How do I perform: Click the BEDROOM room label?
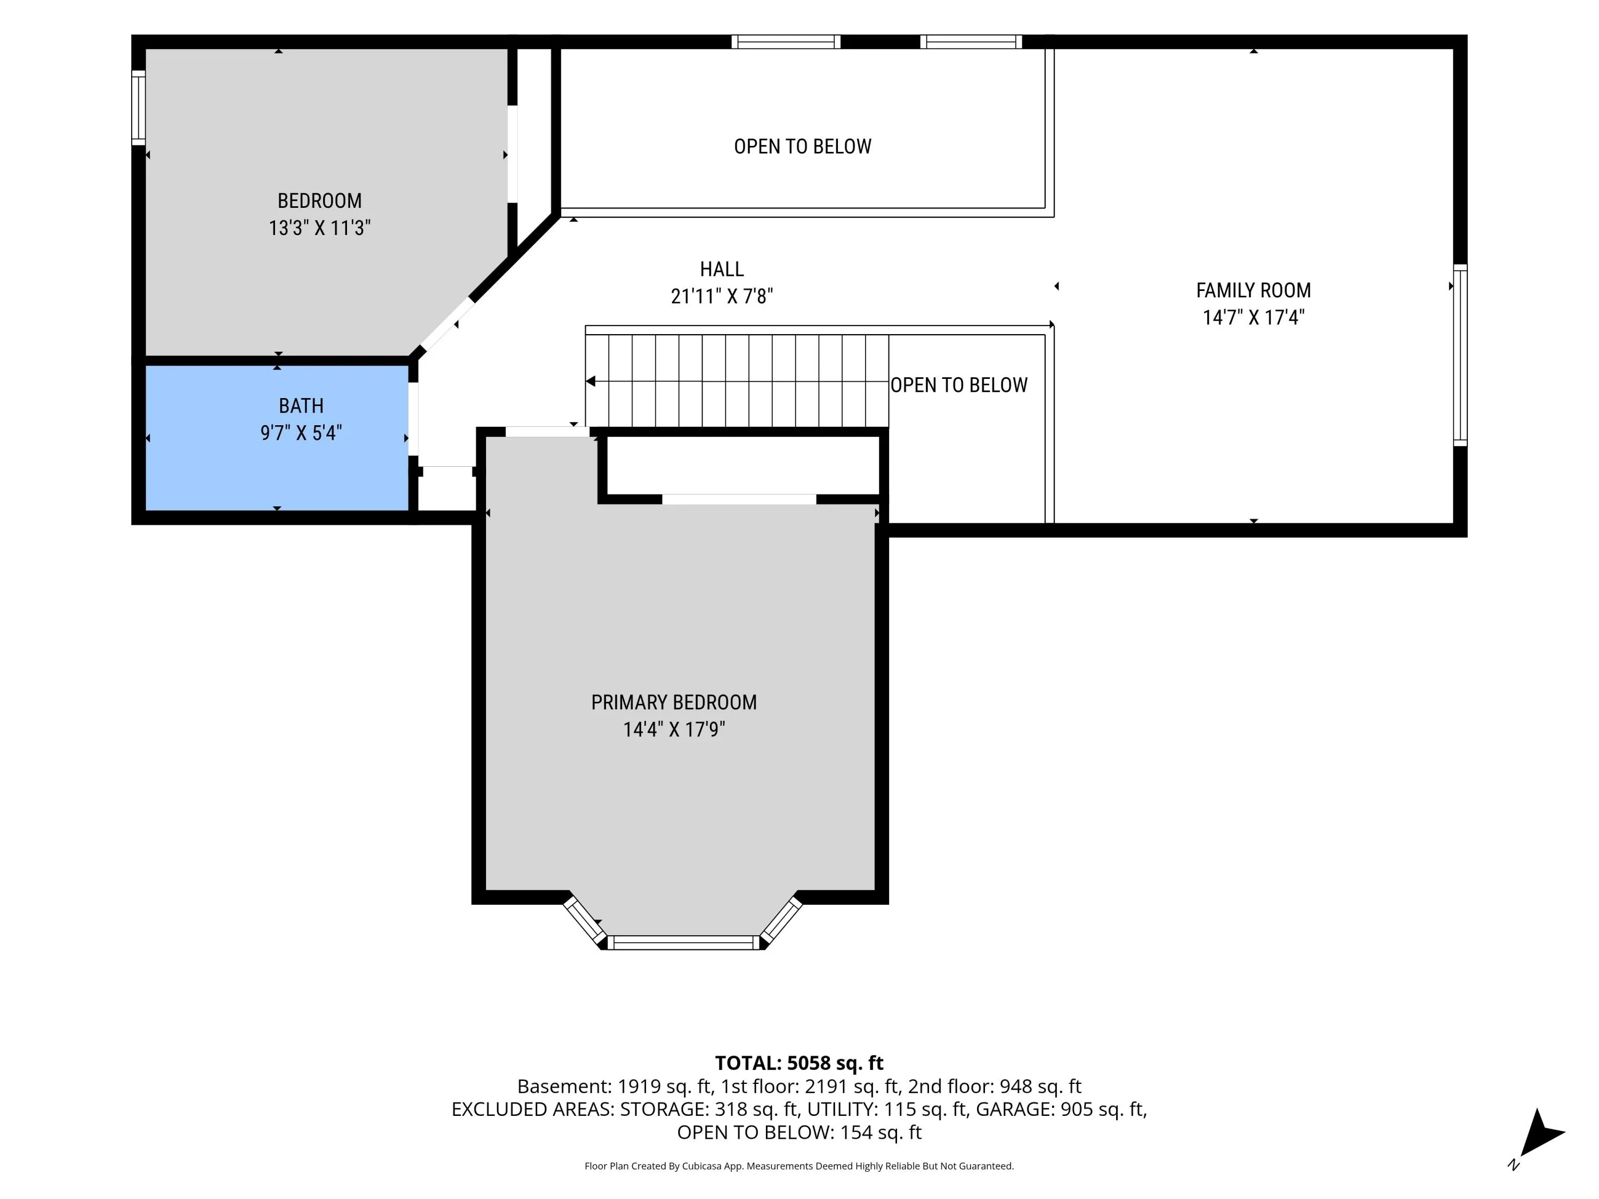pos(319,200)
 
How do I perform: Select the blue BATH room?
pos(277,438)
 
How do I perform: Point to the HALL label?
pos(722,269)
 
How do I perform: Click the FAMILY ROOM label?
pos(1254,290)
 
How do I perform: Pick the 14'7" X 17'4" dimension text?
pos(1254,317)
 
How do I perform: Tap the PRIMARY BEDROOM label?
pos(674,702)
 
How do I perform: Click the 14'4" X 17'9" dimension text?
pos(674,729)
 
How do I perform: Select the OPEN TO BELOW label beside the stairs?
pos(958,385)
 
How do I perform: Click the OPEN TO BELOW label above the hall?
pos(802,146)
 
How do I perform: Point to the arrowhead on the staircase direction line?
pos(591,381)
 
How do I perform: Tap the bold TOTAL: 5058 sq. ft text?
pos(799,1063)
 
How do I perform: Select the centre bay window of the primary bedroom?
pos(683,943)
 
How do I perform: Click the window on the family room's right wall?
pos(1460,354)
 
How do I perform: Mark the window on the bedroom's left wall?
pos(139,107)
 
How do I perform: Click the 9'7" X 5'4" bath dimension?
pos(301,433)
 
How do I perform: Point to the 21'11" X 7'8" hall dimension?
pos(722,296)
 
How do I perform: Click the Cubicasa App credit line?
pos(799,1166)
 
